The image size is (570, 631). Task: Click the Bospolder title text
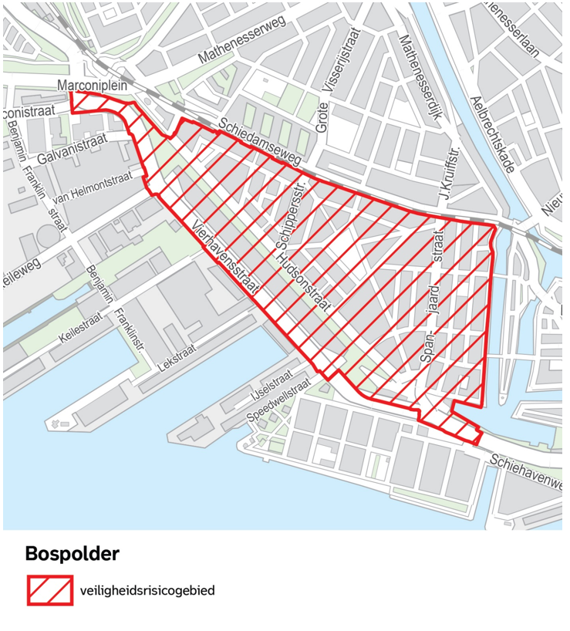tap(72, 553)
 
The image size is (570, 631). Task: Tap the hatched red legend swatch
tap(50, 591)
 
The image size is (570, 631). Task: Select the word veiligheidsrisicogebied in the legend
tap(147, 592)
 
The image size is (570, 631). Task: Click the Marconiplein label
tap(93, 86)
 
